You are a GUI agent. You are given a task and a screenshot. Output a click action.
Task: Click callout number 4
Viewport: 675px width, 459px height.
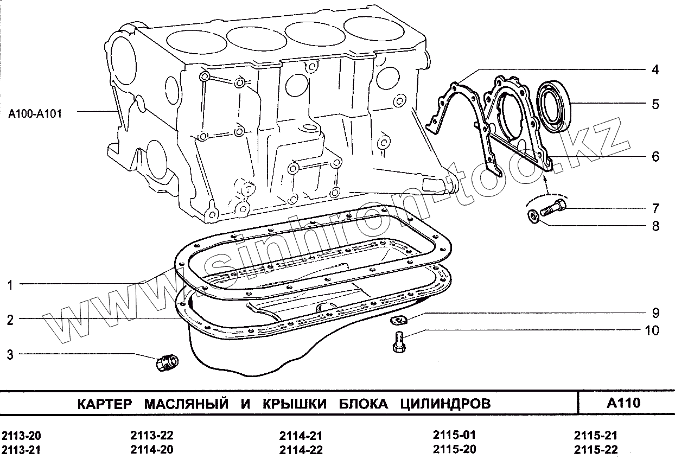pyautogui.click(x=655, y=70)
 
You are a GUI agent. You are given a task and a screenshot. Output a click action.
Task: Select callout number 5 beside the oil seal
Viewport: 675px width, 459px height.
pyautogui.click(x=655, y=104)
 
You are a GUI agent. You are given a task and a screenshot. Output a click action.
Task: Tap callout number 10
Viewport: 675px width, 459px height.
pyautogui.click(x=652, y=330)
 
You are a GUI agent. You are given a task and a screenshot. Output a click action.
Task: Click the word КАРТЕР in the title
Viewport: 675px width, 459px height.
pyautogui.click(x=105, y=404)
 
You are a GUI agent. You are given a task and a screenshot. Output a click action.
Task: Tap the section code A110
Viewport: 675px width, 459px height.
pyautogui.click(x=623, y=403)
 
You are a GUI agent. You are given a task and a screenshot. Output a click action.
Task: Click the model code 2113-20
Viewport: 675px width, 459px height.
pyautogui.click(x=22, y=436)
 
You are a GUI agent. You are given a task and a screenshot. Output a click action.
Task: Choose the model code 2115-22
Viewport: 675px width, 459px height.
pyautogui.click(x=595, y=449)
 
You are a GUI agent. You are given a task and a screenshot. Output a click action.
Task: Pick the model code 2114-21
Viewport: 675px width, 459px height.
pyautogui.click(x=301, y=436)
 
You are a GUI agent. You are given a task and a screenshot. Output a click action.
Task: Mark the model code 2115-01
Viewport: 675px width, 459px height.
pyautogui.click(x=454, y=435)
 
